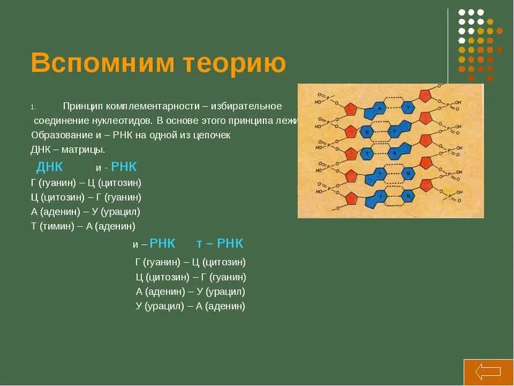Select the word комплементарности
(146, 106)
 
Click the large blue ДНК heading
(49, 167)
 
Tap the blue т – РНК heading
(220, 243)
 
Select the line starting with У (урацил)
(190, 306)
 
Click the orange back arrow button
(488, 372)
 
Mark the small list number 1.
(34, 107)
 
